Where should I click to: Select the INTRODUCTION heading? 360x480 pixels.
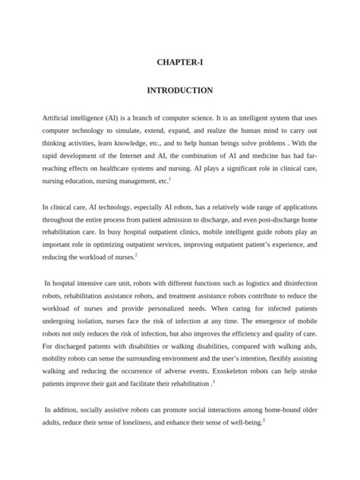coord(180,90)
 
